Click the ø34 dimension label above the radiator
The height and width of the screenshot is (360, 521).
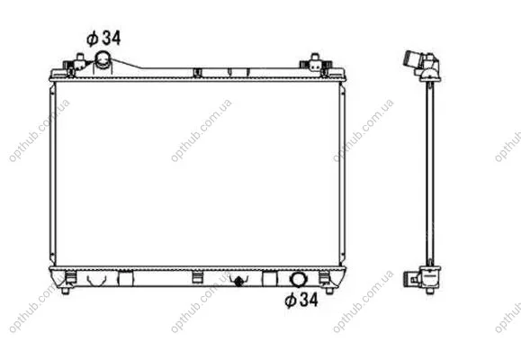pos(103,38)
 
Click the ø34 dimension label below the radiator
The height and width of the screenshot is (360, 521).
pos(301,301)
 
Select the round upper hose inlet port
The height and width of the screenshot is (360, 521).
pos(103,58)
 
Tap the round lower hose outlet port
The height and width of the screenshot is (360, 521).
pos(297,279)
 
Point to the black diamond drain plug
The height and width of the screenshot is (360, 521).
pos(238,281)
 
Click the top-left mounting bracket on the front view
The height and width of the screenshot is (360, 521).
pos(76,64)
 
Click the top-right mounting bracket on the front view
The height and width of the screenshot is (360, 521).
pos(316,64)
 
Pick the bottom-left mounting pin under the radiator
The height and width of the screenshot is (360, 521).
pos(66,291)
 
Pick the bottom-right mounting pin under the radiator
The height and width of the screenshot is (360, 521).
pos(329,291)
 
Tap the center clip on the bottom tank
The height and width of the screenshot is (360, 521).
pos(197,277)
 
